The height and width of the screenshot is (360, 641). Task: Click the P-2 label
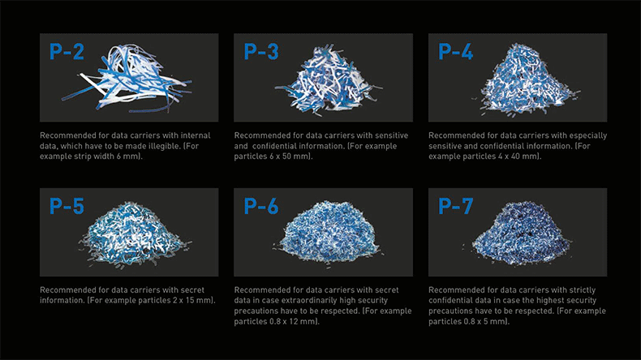[x=67, y=52]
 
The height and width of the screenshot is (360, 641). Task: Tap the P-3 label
[x=261, y=52]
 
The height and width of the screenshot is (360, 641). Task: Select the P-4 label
[x=455, y=52]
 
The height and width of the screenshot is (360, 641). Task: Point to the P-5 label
[x=67, y=206]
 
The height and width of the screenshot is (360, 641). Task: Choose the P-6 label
[x=261, y=206]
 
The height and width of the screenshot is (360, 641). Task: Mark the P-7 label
[x=455, y=206]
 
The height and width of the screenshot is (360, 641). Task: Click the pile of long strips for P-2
[x=127, y=79]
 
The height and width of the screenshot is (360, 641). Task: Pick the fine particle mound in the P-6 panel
[x=327, y=233]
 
